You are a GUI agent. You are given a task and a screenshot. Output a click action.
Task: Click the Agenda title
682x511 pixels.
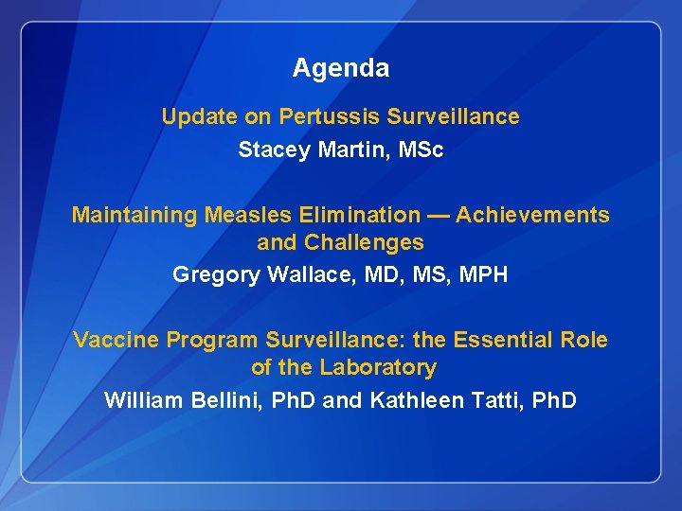(x=340, y=68)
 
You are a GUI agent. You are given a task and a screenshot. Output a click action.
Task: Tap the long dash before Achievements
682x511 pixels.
(x=437, y=216)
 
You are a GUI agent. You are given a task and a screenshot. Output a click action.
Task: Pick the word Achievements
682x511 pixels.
(x=532, y=216)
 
